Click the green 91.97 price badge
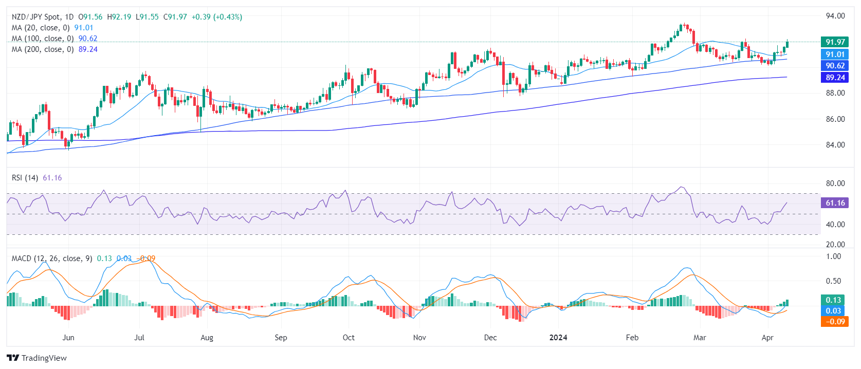coord(835,42)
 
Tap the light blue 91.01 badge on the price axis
coord(835,54)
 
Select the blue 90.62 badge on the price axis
coord(835,66)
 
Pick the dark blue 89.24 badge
coord(835,78)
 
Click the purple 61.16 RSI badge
coord(835,203)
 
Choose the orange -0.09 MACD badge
coord(835,322)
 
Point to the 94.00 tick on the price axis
coord(835,16)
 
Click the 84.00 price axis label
coord(835,145)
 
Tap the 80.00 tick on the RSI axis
coord(835,183)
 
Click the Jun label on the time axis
coord(68,338)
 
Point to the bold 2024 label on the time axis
coord(558,338)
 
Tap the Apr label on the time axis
coord(767,338)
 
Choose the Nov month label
coord(419,338)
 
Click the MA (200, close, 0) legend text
coord(43,49)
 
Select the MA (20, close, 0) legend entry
coord(41,28)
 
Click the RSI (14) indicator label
coord(25,178)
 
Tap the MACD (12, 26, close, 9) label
coord(52,259)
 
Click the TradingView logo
coord(37,358)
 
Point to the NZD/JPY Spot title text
coord(36,17)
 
